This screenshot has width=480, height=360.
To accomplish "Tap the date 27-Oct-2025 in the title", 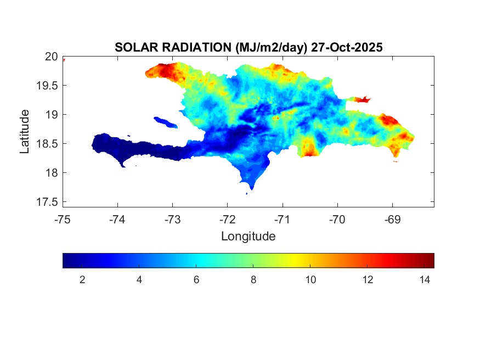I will click(x=346, y=48).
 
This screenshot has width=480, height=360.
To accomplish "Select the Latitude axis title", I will click(x=25, y=131).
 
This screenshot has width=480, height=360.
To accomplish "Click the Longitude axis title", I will click(x=248, y=237).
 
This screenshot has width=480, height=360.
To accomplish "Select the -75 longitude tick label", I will click(x=63, y=219).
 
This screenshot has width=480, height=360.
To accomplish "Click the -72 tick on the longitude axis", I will click(x=227, y=219).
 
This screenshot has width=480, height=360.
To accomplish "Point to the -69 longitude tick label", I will click(x=392, y=219).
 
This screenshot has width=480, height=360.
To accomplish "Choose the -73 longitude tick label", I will click(x=172, y=219).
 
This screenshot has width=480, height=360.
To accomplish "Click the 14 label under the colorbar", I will click(x=424, y=280).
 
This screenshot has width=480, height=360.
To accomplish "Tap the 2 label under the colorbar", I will click(x=82, y=280).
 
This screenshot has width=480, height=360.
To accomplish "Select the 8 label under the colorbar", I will click(x=253, y=280).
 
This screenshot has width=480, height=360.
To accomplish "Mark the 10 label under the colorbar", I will click(x=310, y=280).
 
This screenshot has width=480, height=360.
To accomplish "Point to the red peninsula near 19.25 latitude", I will click(x=362, y=99).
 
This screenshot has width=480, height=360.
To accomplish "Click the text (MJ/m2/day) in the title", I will click(x=269, y=48).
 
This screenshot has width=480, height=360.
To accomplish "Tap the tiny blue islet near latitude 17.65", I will click(x=246, y=193).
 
